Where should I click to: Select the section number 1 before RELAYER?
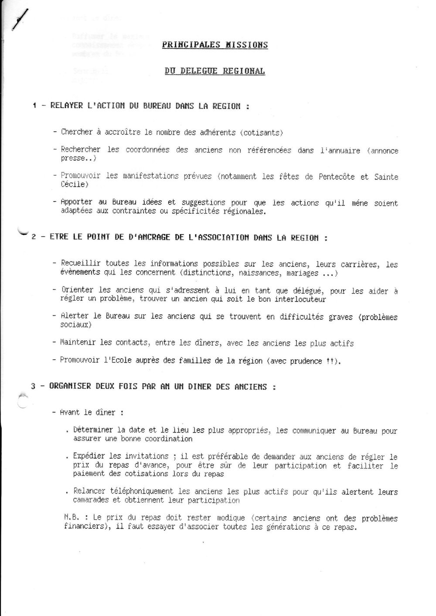coord(34,106)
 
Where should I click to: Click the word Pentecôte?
coord(337,177)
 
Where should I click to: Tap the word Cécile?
coord(75,184)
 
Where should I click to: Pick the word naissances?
coord(260,273)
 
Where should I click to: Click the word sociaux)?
coord(76,325)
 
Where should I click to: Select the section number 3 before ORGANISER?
coord(33,386)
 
